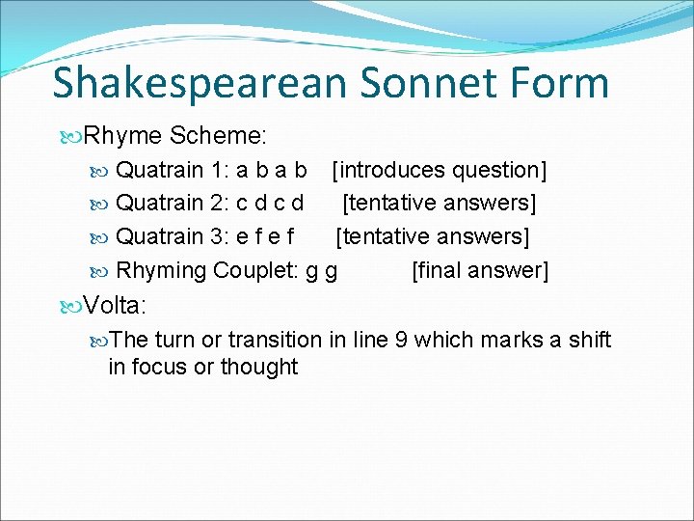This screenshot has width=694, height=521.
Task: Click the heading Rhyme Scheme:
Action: pyautogui.click(x=168, y=137)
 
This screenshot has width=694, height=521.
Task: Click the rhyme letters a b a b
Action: pyautogui.click(x=272, y=171)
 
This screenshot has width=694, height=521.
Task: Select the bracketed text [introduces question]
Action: pyautogui.click(x=439, y=171)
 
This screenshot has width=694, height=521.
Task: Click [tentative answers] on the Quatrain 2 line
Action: pyautogui.click(x=440, y=204)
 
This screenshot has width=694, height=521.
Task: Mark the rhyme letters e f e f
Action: pyautogui.click(x=265, y=236)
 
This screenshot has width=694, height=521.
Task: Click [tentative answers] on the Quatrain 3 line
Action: pyautogui.click(x=433, y=236)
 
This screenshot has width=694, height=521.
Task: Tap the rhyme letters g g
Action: pyautogui.click(x=321, y=271)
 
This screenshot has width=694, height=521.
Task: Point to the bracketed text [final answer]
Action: pyautogui.click(x=479, y=270)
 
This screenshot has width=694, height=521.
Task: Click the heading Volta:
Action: pyautogui.click(x=115, y=306)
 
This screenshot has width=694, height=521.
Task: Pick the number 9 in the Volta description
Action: pyautogui.click(x=395, y=340)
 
